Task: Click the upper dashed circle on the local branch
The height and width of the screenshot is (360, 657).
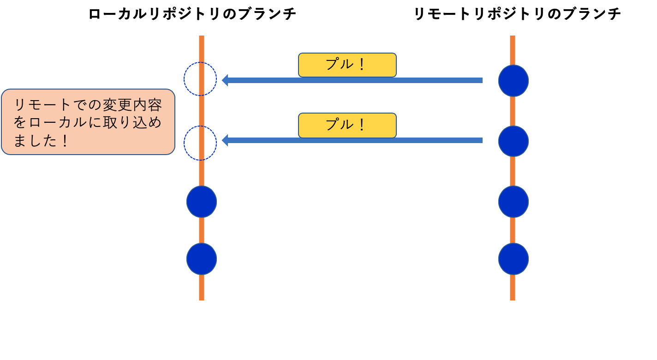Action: [200, 79]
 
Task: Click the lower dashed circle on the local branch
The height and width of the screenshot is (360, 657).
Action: [200, 143]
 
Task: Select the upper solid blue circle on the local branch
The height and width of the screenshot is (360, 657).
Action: [202, 202]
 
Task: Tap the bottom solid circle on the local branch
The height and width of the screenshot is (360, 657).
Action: [202, 259]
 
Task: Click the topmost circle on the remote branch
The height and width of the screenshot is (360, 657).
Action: [514, 81]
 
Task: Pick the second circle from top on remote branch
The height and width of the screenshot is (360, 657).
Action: [514, 141]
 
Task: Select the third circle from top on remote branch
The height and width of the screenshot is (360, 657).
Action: [514, 202]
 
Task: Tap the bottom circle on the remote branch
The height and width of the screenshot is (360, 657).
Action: [514, 259]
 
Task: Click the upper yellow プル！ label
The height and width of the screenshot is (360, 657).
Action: [347, 65]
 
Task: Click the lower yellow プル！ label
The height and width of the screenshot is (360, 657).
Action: [347, 125]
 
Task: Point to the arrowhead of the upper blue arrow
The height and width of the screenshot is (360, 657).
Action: [225, 80]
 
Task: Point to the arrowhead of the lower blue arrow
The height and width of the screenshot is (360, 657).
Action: [225, 140]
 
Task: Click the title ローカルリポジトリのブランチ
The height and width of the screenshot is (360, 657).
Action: [192, 14]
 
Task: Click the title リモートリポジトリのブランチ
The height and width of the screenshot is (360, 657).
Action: [517, 14]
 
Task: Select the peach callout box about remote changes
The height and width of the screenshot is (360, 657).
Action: [88, 122]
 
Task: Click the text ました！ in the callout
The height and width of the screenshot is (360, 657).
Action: [42, 140]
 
